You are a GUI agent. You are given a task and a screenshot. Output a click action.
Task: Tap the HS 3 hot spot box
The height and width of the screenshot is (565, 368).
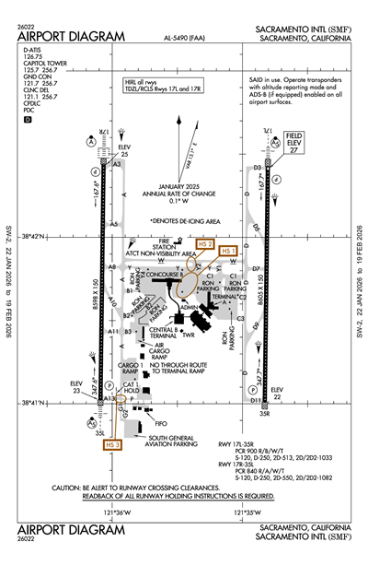(x=113, y=445)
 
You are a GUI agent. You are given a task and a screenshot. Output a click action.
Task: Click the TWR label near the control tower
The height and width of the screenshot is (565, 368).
(x=190, y=336)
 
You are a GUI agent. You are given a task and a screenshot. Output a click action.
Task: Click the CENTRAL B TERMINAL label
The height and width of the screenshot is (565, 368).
(x=163, y=333)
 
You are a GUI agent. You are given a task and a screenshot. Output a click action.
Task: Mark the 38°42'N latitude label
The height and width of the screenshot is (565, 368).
(x=42, y=234)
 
